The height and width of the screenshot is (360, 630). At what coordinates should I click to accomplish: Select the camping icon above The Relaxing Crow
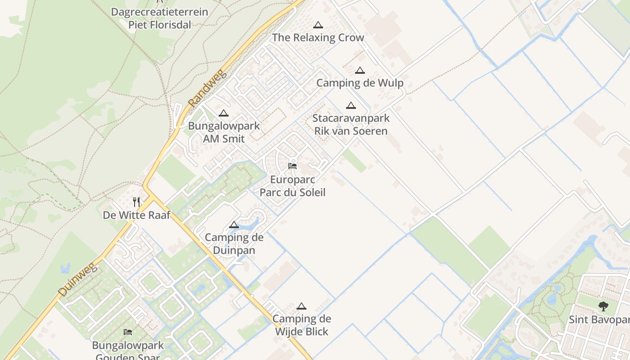[318, 25]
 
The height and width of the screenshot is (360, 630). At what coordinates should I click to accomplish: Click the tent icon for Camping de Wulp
[360, 71]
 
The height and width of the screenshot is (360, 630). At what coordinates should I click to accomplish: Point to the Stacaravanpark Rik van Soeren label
[351, 125]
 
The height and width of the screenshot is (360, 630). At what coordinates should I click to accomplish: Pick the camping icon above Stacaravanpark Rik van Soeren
[351, 106]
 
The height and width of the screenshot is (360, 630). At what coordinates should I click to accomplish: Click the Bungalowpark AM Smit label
[224, 132]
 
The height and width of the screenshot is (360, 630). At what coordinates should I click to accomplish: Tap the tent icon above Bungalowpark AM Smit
[224, 113]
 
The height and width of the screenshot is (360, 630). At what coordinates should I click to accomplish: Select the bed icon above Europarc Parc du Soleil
[292, 166]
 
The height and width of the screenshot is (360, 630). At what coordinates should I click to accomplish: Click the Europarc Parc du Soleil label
[292, 186]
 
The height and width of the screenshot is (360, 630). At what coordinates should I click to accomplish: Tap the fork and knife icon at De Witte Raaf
[136, 202]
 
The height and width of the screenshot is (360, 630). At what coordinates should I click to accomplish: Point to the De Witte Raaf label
[137, 215]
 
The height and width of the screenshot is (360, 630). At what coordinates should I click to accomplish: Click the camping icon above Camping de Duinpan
[234, 225]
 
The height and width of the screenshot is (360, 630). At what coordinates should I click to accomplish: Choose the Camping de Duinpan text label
[234, 243]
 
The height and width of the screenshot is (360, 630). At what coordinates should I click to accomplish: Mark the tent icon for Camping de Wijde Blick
[301, 306]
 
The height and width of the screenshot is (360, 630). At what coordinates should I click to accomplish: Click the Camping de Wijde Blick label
[301, 325]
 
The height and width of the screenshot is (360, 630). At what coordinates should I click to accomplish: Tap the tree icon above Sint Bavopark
[603, 306]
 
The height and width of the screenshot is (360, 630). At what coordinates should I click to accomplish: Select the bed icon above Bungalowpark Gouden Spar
[128, 332]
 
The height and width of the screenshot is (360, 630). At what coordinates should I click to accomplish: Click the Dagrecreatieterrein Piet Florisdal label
[160, 18]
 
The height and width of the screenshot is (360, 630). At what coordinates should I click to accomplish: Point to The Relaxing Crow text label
[318, 38]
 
